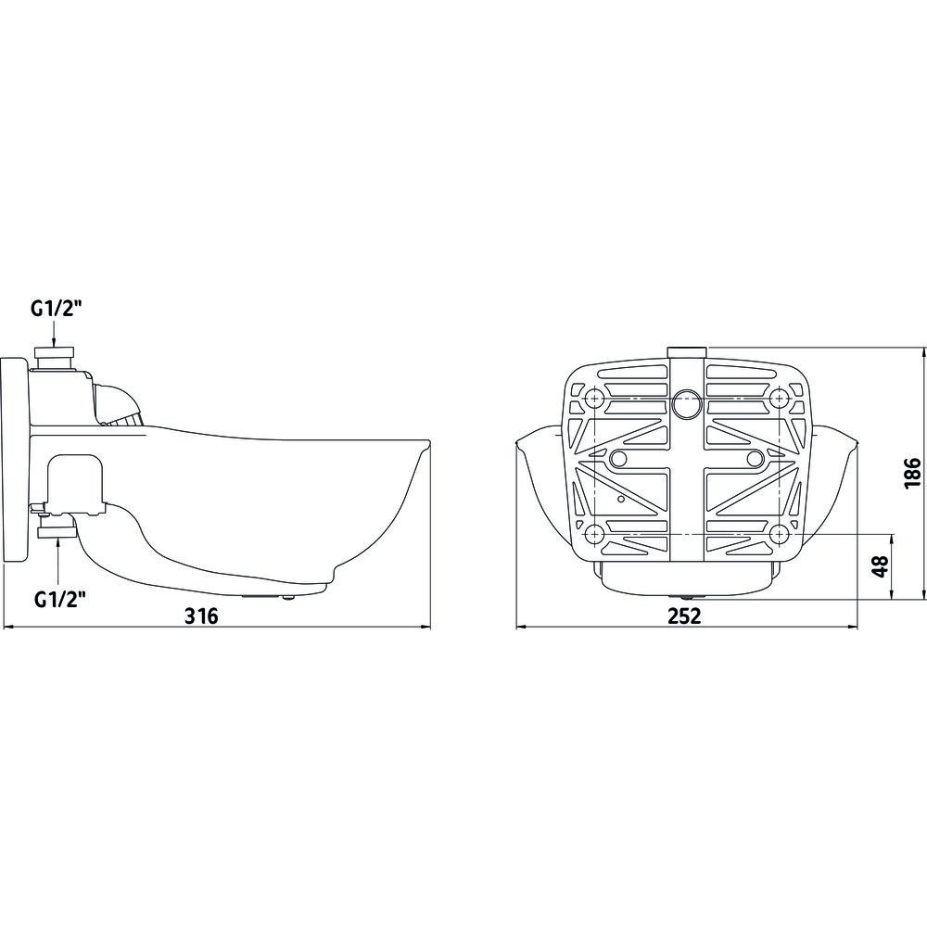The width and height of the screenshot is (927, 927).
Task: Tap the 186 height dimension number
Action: pyautogui.click(x=913, y=473)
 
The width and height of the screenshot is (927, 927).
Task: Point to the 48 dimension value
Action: pyautogui.click(x=881, y=565)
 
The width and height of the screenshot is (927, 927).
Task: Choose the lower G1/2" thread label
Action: pyautogui.click(x=60, y=583)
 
